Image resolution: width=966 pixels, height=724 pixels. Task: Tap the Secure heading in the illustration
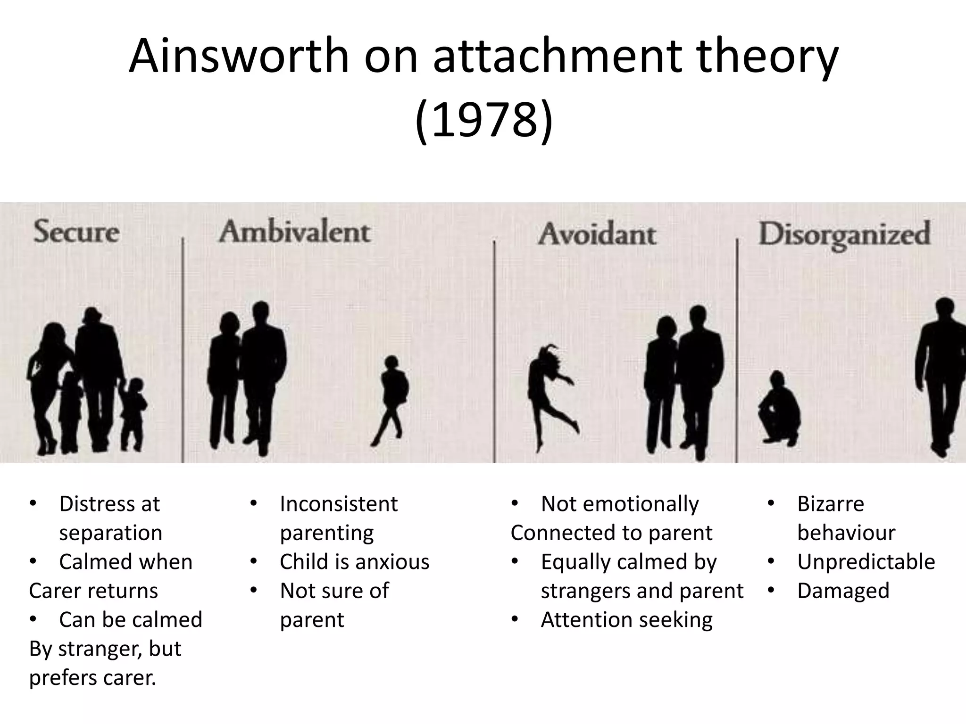[x=76, y=232]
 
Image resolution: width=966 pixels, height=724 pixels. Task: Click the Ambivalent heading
[x=294, y=232]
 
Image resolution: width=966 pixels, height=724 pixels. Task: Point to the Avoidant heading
[x=597, y=234]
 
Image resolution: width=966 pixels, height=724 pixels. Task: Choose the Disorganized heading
[x=844, y=234]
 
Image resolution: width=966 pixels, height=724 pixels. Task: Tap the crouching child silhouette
[x=779, y=410]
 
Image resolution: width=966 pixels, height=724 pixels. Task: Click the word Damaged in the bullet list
[x=843, y=591]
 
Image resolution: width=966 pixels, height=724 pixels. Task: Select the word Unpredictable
[x=866, y=562]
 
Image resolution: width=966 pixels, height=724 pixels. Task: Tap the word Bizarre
[x=831, y=504]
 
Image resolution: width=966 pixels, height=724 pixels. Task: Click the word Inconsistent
[x=339, y=504]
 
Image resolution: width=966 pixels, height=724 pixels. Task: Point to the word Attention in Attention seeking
[x=585, y=620]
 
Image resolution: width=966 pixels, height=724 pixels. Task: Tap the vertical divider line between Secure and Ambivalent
[x=183, y=349]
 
